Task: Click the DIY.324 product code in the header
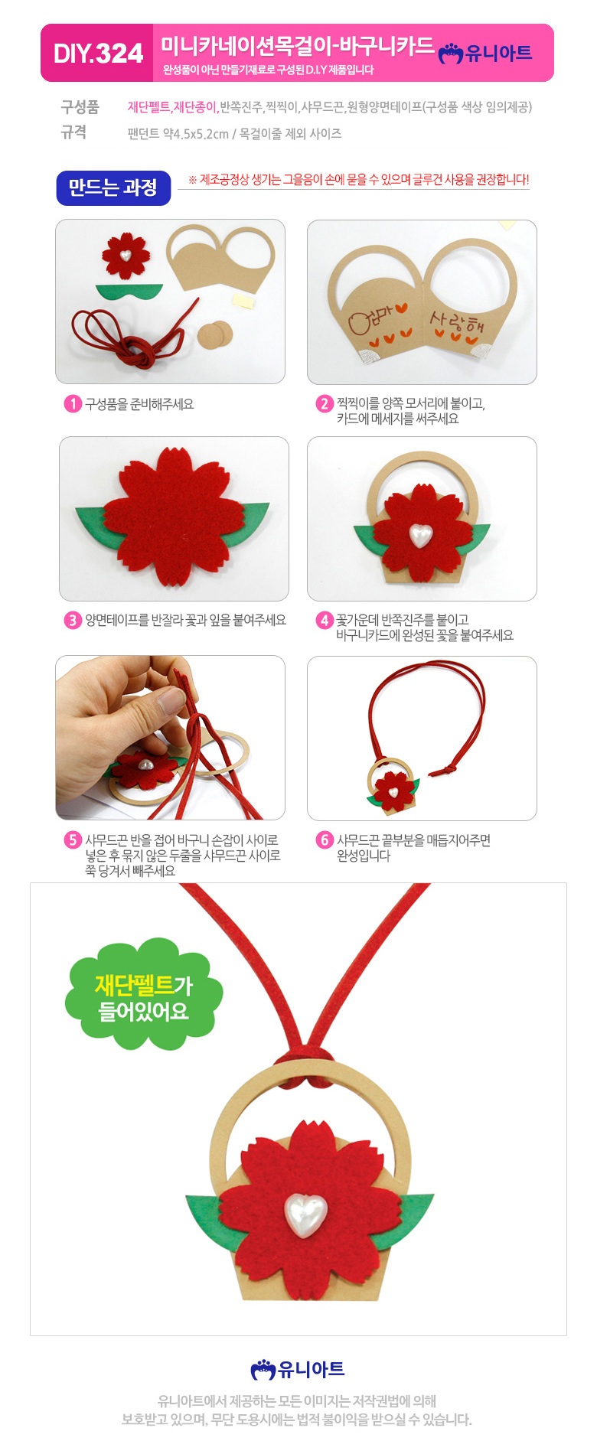(x=98, y=54)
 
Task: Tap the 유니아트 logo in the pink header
(x=485, y=53)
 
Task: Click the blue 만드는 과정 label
(x=113, y=187)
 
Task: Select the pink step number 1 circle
(x=73, y=403)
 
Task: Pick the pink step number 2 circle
(x=325, y=403)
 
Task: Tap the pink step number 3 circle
(x=73, y=620)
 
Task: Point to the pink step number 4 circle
(x=325, y=620)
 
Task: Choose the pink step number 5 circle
(x=73, y=840)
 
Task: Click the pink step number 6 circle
(x=325, y=840)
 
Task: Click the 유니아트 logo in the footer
(x=298, y=1369)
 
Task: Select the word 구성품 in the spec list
(x=80, y=107)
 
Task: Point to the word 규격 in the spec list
(x=73, y=132)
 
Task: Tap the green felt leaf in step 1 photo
(x=129, y=292)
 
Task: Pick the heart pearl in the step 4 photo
(x=419, y=535)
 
